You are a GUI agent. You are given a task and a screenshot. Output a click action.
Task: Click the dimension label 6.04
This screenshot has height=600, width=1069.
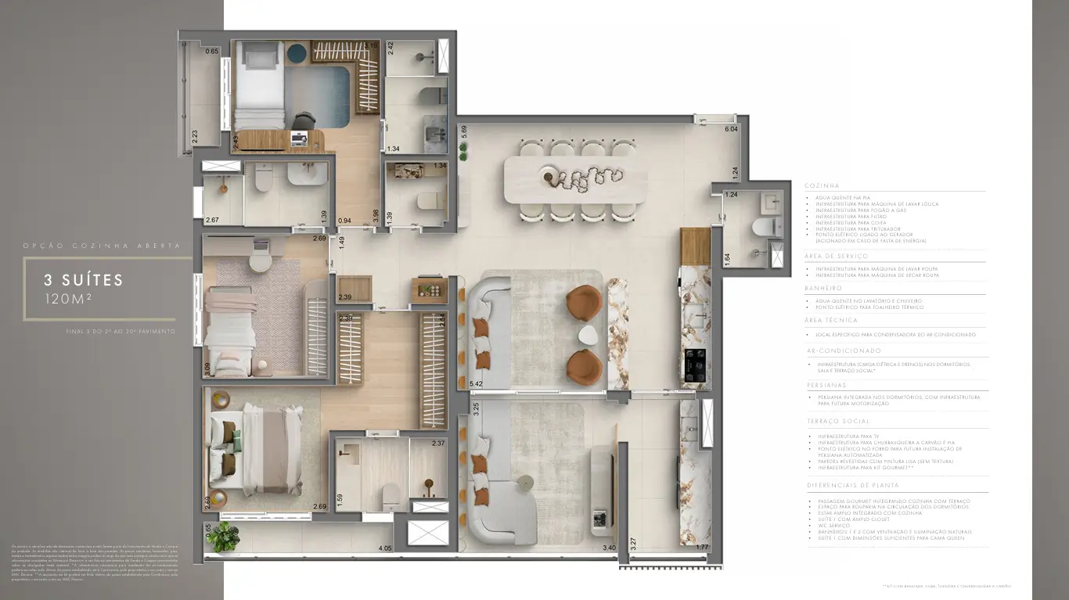pyautogui.click(x=732, y=129)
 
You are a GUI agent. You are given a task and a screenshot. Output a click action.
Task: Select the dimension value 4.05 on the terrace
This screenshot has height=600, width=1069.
pyautogui.click(x=383, y=549)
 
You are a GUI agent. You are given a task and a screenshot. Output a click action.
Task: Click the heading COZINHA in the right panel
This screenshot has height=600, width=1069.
pyautogui.click(x=822, y=185)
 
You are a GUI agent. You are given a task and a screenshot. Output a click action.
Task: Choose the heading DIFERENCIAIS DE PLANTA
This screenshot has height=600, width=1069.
pyautogui.click(x=848, y=486)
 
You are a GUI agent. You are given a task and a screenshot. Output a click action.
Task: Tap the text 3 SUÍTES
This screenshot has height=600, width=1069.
pyautogui.click(x=85, y=280)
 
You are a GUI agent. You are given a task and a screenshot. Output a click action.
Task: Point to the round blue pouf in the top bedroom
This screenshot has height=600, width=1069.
pyautogui.click(x=297, y=53)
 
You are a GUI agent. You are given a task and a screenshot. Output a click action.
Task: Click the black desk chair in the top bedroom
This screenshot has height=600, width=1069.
pyautogui.click(x=304, y=120)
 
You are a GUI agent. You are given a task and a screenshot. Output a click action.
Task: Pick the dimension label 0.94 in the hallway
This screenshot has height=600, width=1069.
pyautogui.click(x=344, y=221)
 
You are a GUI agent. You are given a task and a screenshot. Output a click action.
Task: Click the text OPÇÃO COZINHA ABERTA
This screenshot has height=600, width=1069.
pyautogui.click(x=101, y=246)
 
